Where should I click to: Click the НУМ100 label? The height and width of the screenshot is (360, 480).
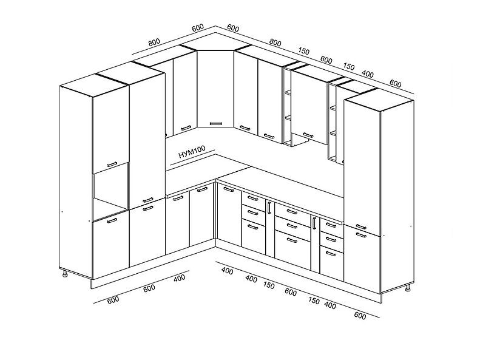pos(192,152)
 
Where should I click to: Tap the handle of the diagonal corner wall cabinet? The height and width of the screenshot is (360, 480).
pos(215,124)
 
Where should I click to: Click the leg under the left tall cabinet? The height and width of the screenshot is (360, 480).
pos(65,273)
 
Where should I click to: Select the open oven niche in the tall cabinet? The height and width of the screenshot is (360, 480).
pos(110,191)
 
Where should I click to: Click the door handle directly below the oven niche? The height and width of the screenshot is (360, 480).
pos(112,221)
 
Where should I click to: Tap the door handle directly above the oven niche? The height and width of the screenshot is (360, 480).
pos(112,165)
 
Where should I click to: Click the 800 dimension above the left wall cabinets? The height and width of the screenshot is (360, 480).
pos(154,42)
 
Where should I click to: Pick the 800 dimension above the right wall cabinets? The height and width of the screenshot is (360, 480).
pos(275,42)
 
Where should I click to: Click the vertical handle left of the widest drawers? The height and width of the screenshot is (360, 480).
pos(269,208)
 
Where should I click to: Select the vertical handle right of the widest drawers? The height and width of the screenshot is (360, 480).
pos(314,223)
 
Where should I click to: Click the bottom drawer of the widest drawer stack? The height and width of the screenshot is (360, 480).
pos(292,250)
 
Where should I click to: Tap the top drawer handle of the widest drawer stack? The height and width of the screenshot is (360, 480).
pos(292,211)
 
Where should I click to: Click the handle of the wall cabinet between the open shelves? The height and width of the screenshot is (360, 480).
pos(308,135)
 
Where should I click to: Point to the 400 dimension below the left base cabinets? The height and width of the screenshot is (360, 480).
pos(180,277)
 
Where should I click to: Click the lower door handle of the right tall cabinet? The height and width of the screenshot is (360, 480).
pos(361,235)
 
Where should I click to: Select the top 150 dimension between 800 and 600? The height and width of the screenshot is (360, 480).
pos(303,51)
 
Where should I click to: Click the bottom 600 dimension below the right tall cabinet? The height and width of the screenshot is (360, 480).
pos(360,315)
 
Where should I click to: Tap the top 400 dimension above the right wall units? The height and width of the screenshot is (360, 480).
pos(367,74)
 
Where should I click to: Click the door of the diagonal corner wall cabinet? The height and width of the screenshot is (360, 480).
pos(215,89)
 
